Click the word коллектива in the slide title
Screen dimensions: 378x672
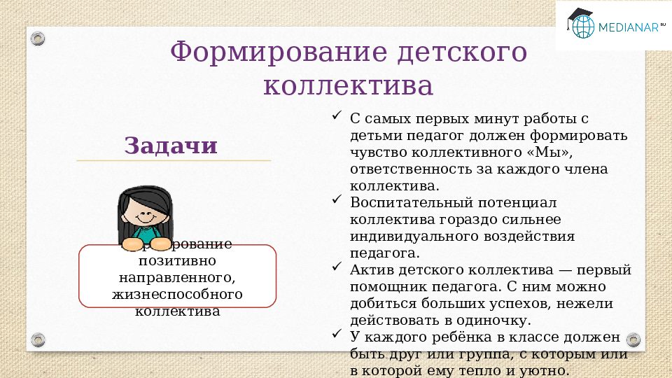[x=348, y=86]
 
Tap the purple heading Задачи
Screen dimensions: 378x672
[x=171, y=146]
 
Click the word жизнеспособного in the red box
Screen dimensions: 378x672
[x=177, y=294]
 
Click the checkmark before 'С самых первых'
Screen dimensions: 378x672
[x=336, y=115]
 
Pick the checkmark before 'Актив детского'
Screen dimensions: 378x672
[x=336, y=267]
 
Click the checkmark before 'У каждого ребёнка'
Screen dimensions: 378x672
[x=336, y=335]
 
